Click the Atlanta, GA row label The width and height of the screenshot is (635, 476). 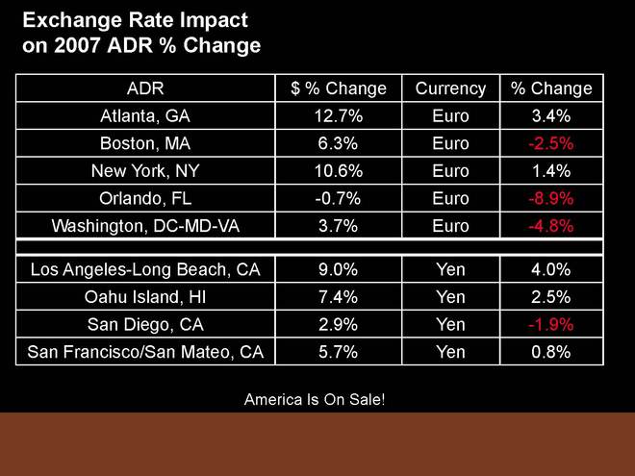145,116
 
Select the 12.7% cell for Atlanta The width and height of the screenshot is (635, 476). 339,116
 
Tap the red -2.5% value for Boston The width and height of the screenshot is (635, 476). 551,144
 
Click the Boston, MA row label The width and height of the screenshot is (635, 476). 145,144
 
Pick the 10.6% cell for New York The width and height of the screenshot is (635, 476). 339,171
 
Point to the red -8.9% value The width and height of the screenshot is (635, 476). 551,199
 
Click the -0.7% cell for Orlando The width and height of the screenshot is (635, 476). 339,199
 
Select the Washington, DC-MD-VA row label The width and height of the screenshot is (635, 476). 145,227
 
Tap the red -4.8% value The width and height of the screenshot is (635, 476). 551,227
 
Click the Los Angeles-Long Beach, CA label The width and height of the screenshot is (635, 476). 145,269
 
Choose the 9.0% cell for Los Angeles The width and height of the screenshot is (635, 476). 339,269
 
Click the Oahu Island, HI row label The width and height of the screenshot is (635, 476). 145,296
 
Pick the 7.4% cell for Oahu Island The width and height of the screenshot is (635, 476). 339,296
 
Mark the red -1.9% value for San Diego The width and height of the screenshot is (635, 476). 551,324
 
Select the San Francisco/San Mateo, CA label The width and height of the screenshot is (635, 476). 145,352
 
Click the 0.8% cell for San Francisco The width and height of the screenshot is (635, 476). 551,352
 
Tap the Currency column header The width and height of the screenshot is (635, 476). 450,88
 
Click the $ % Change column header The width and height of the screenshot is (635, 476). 339,88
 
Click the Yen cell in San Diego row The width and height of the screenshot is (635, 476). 450,324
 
